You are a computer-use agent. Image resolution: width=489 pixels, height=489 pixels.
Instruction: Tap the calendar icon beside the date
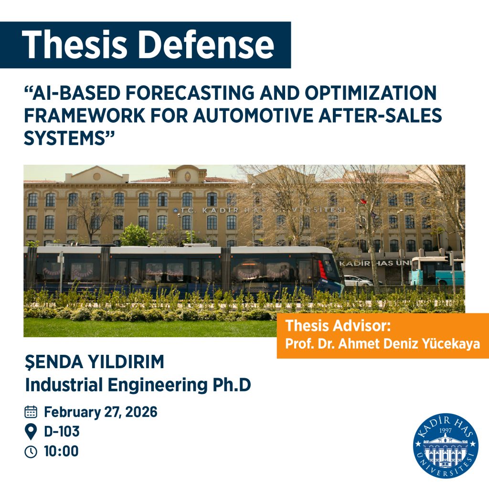pyautogui.click(x=31, y=412)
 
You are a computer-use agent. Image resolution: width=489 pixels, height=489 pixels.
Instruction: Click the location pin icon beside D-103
pyautogui.click(x=31, y=432)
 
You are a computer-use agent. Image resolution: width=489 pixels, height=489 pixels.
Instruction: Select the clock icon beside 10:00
pyautogui.click(x=31, y=451)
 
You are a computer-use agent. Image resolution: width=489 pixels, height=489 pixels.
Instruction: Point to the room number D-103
pyautogui.click(x=62, y=432)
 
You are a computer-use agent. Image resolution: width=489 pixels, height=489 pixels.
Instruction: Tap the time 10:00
pyautogui.click(x=61, y=451)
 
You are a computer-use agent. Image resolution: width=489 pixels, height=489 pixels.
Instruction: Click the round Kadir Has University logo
pyautogui.click(x=446, y=446)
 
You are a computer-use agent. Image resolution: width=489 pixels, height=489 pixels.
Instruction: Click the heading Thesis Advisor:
pyautogui.click(x=338, y=327)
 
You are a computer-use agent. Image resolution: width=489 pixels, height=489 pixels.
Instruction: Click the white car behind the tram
pyautogui.click(x=357, y=280)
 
